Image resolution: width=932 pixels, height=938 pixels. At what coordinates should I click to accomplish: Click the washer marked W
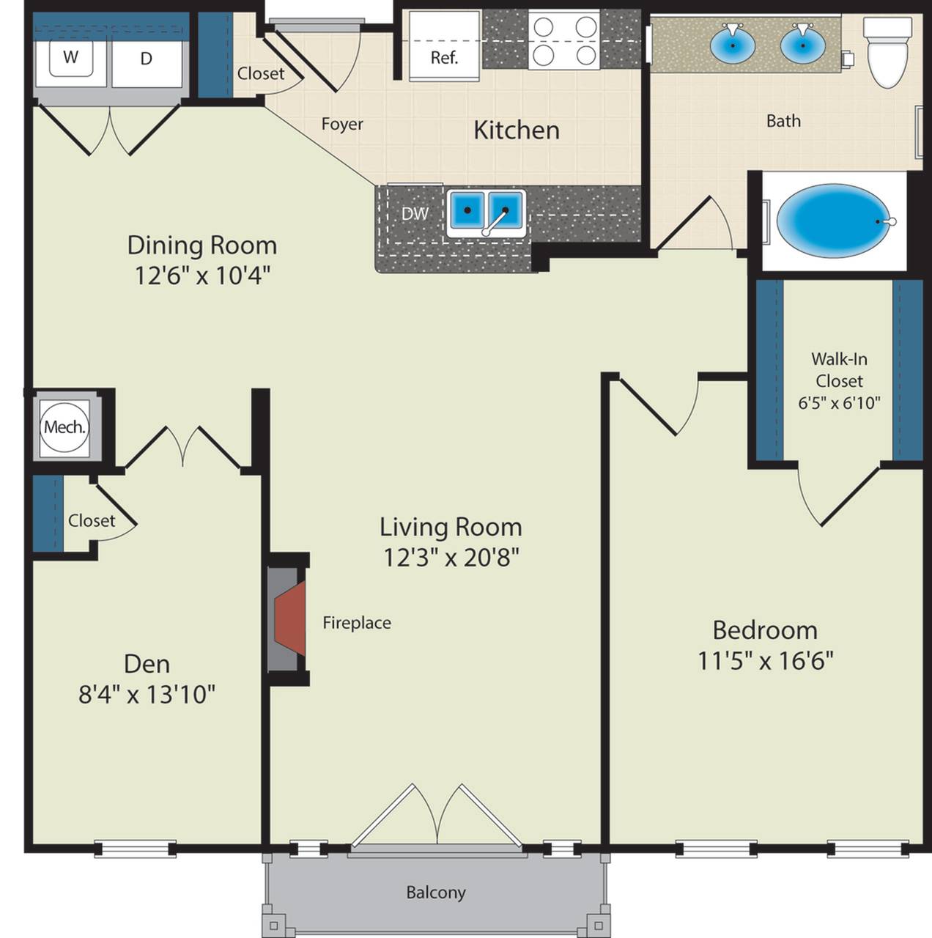[x=71, y=59]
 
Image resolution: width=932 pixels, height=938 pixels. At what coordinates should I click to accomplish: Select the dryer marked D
[x=147, y=59]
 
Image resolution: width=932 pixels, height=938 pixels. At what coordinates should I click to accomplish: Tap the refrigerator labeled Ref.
[x=444, y=47]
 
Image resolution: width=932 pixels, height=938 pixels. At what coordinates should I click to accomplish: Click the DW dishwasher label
[x=415, y=213]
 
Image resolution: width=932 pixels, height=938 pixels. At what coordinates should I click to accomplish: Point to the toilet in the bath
[x=888, y=53]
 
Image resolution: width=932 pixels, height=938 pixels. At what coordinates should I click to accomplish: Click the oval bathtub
[x=835, y=221]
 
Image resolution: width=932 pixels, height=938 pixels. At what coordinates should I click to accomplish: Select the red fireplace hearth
[x=290, y=618]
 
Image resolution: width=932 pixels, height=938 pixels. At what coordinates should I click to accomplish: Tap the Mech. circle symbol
[x=64, y=427]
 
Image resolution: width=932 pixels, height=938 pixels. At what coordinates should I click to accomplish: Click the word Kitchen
[x=517, y=130]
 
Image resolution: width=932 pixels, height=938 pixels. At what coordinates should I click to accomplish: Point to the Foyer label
[x=342, y=124]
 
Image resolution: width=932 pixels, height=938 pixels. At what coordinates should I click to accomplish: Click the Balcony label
[x=436, y=893]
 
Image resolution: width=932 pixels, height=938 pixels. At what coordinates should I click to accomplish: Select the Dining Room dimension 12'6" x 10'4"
[x=202, y=276]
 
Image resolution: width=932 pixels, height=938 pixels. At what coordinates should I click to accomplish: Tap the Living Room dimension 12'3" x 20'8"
[x=451, y=558]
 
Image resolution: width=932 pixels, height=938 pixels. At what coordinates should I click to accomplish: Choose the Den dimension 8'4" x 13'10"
[x=147, y=695]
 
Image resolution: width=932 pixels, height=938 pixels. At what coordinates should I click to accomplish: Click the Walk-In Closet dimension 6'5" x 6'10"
[x=839, y=403]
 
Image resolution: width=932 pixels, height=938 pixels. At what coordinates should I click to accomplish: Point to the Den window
[x=136, y=849]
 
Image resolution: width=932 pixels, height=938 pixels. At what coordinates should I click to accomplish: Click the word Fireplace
[x=357, y=623]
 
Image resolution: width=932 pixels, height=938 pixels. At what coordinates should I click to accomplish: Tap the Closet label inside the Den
[x=92, y=521]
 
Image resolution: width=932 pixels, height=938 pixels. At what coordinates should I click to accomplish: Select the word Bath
[x=783, y=121]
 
